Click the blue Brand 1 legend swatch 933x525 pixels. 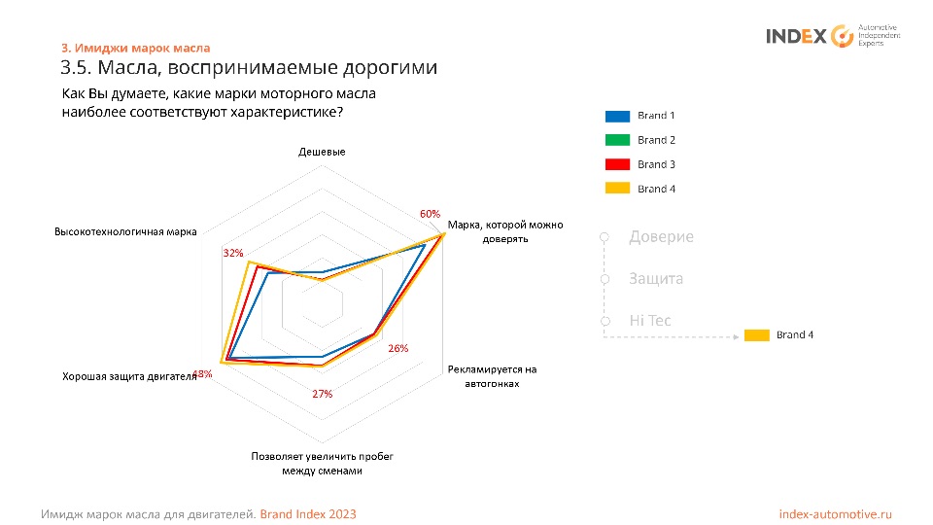pyautogui.click(x=617, y=116)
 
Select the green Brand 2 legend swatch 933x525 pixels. pyautogui.click(x=617, y=140)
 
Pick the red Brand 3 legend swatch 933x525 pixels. pyautogui.click(x=617, y=164)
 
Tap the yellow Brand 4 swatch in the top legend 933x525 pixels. pyautogui.click(x=617, y=189)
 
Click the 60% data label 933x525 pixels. pyautogui.click(x=430, y=214)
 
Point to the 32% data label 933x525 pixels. pyautogui.click(x=233, y=253)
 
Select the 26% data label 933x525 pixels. pyautogui.click(x=397, y=348)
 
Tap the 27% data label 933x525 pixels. pyautogui.click(x=323, y=394)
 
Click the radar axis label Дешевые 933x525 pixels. pyautogui.click(x=322, y=152)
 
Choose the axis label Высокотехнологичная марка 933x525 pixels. pyautogui.click(x=125, y=231)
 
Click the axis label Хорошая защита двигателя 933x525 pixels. pyautogui.click(x=129, y=376)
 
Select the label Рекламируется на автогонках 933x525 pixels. pyautogui.click(x=493, y=376)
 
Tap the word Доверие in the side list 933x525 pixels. pyautogui.click(x=661, y=237)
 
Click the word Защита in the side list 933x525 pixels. pyautogui.click(x=656, y=279)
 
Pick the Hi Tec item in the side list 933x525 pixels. pyautogui.click(x=650, y=321)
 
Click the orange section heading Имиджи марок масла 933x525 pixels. pyautogui.click(x=135, y=48)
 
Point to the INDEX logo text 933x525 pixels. pyautogui.click(x=796, y=37)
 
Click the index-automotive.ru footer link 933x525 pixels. pyautogui.click(x=835, y=513)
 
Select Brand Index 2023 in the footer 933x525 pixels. pyautogui.click(x=308, y=513)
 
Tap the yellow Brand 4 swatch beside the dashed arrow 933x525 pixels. pyautogui.click(x=757, y=335)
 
